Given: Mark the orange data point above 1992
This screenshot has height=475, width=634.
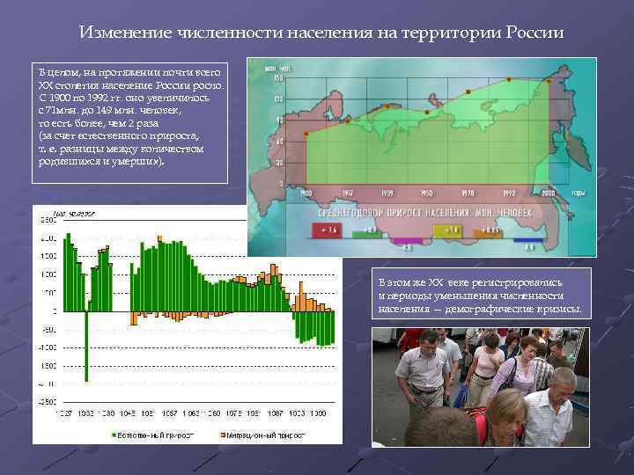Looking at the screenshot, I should [508, 79].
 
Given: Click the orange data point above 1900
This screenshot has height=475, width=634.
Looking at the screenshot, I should [306, 135].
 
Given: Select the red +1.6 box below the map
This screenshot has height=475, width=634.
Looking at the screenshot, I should [328, 230].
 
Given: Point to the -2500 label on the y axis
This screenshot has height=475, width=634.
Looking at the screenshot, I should [46, 401].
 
